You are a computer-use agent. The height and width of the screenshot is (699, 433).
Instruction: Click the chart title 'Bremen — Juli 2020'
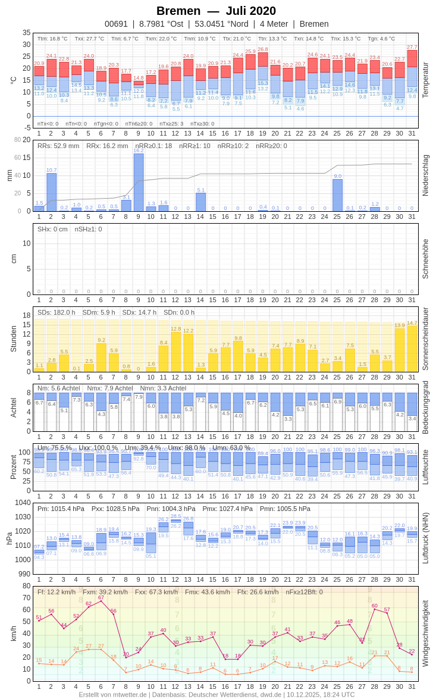tap(216, 11)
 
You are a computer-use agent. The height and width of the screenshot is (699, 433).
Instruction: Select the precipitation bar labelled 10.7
tap(52, 192)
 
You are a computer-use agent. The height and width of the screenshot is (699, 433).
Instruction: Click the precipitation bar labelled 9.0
tap(337, 195)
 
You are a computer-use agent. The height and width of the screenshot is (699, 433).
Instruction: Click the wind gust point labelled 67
tap(101, 601)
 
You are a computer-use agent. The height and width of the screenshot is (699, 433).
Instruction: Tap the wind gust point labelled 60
tap(375, 609)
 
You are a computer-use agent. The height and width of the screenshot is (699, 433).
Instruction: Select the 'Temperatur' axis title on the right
tap(425, 80)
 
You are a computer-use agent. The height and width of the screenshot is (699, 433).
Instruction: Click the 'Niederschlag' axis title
tap(425, 175)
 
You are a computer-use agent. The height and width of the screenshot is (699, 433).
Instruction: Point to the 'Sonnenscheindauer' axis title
tap(425, 339)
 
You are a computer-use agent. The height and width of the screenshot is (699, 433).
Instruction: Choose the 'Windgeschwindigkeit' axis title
tap(425, 633)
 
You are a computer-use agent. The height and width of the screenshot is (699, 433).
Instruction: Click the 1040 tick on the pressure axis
tap(23, 503)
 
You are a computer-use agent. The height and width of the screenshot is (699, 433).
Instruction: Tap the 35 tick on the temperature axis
tap(26, 33)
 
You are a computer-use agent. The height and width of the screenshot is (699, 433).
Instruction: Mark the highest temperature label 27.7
tap(412, 46)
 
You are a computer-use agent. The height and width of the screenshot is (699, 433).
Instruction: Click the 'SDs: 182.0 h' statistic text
tap(57, 312)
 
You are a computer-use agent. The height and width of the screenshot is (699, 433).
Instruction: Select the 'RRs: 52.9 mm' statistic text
tap(58, 146)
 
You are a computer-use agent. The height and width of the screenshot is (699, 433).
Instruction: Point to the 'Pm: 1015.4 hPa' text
tap(60, 509)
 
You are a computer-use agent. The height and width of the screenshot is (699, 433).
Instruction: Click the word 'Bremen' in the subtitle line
tap(314, 24)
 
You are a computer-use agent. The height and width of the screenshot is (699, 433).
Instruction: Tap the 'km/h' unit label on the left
tap(13, 633)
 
